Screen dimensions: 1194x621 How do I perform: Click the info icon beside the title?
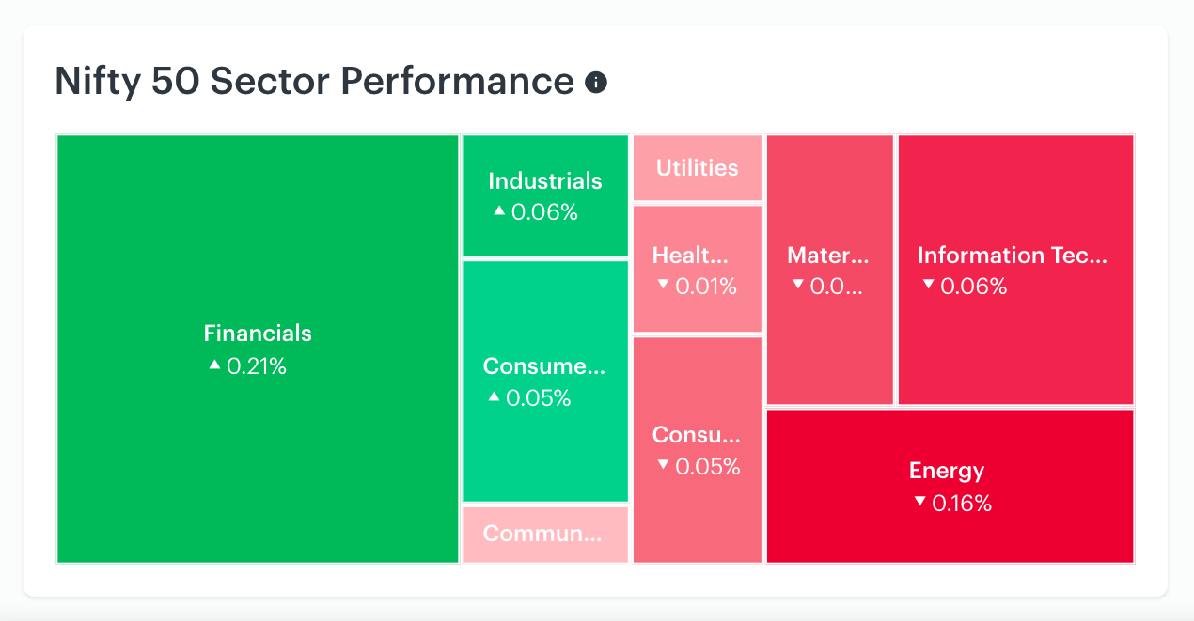pyautogui.click(x=596, y=83)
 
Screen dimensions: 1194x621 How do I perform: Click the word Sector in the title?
pyautogui.click(x=270, y=81)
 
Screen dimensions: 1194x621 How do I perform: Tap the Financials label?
pyautogui.click(x=258, y=334)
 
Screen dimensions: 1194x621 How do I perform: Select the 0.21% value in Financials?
pyautogui.click(x=257, y=366)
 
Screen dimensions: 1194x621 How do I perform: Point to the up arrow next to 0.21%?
pyautogui.click(x=214, y=365)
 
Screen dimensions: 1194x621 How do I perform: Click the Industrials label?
pyautogui.click(x=545, y=181)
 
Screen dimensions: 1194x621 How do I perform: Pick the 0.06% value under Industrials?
pyautogui.click(x=544, y=212)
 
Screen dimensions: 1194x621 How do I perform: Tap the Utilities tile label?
pyautogui.click(x=698, y=168)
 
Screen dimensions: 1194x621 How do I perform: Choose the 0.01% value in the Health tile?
pyautogui.click(x=706, y=287)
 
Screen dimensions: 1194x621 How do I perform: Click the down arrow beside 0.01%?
pyautogui.click(x=663, y=284)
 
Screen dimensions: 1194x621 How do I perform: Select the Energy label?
pyautogui.click(x=947, y=472)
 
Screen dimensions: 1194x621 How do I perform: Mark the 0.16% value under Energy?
pyautogui.click(x=962, y=504)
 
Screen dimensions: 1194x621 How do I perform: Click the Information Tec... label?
pyautogui.click(x=1013, y=256)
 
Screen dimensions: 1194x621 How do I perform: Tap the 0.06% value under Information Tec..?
pyautogui.click(x=973, y=287)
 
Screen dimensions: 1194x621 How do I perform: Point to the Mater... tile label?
pyautogui.click(x=827, y=256)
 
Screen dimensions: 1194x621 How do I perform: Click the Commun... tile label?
pyautogui.click(x=542, y=533)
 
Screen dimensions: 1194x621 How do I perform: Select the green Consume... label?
pyautogui.click(x=544, y=365)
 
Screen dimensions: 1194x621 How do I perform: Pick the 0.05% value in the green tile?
pyautogui.click(x=538, y=397)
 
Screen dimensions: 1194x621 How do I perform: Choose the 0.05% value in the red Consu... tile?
pyautogui.click(x=707, y=467)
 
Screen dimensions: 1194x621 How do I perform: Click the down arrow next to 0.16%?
pyautogui.click(x=919, y=501)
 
